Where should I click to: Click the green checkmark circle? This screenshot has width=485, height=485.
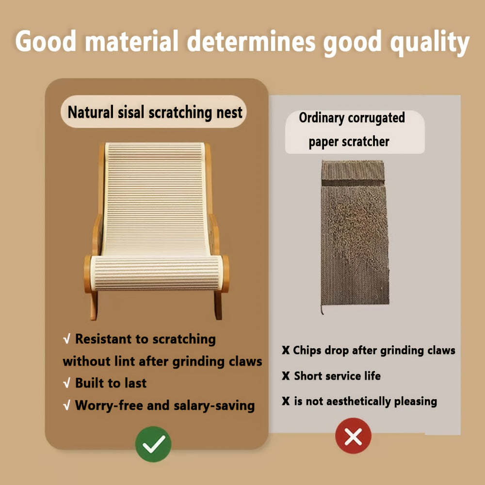pos(153,444)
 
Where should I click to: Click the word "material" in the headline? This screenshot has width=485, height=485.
pos(130,43)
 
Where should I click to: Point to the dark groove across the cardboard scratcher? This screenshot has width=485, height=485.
pos(353,183)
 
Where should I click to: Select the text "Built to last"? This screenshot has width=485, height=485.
pos(111,383)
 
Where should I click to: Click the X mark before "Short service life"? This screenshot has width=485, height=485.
pos(286,376)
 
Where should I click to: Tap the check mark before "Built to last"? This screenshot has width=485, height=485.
pos(67,384)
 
